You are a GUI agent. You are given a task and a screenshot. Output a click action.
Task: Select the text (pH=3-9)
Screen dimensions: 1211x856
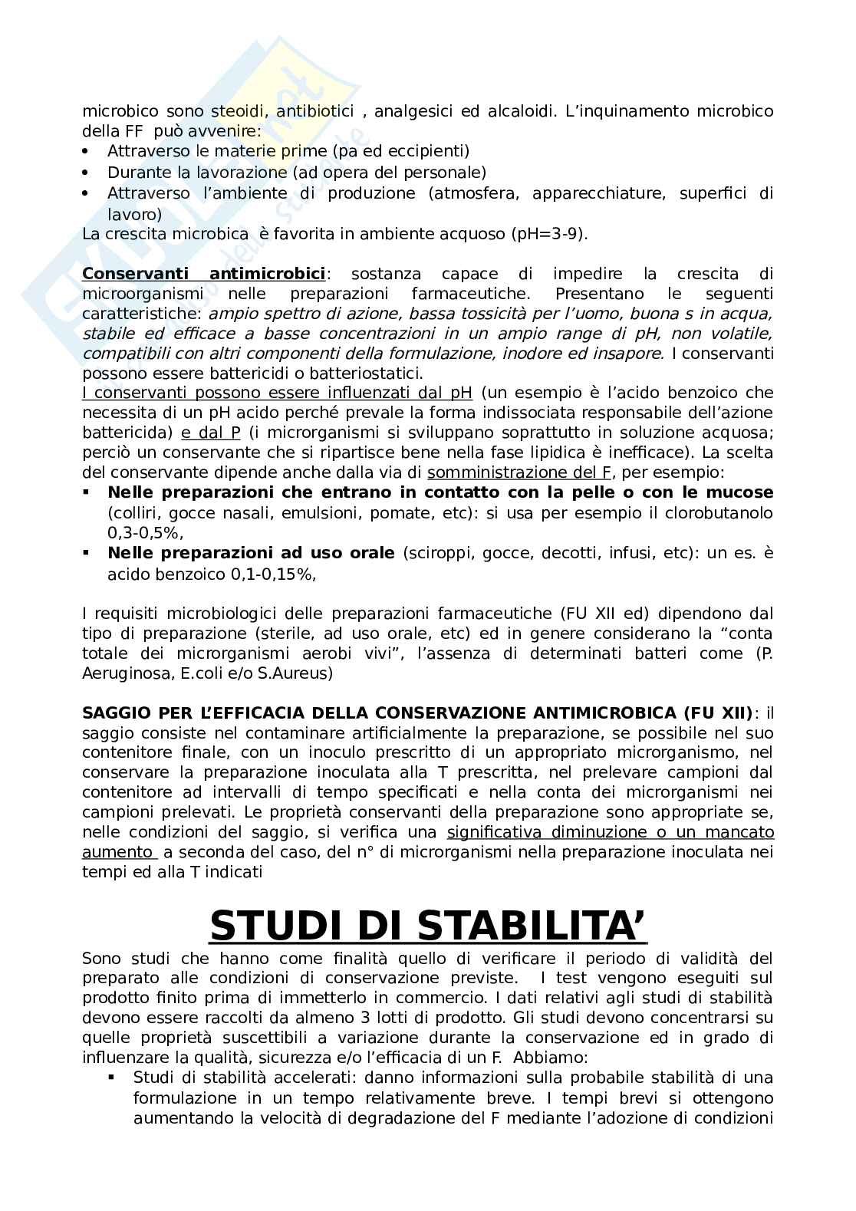click(x=548, y=234)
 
